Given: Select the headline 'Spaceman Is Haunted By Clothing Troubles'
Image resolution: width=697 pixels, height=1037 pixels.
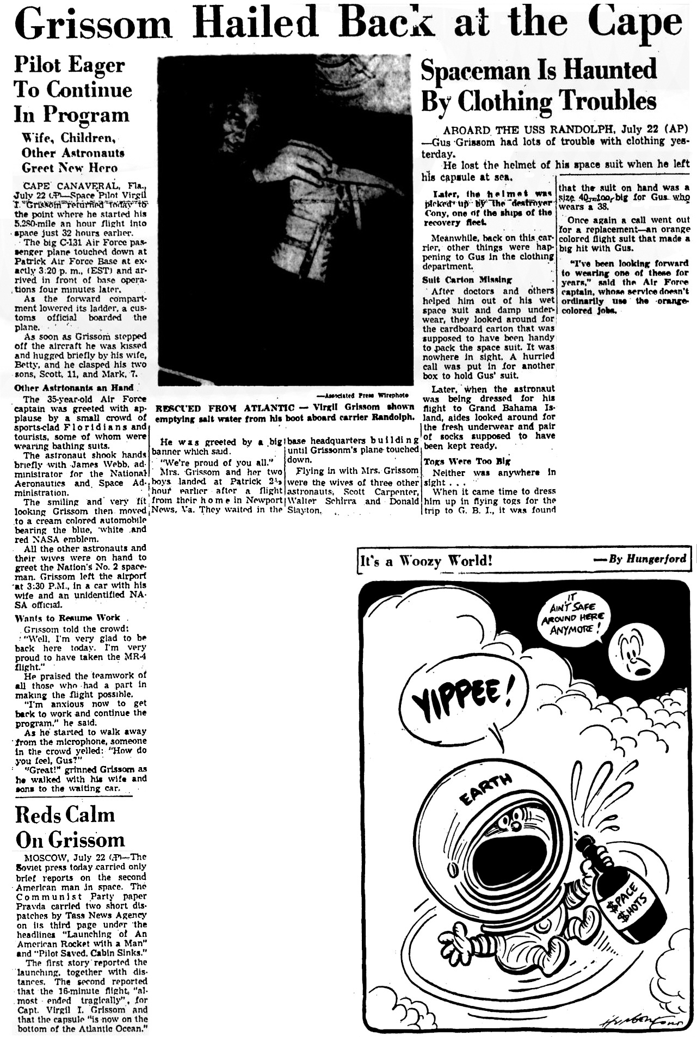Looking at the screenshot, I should tap(539, 85).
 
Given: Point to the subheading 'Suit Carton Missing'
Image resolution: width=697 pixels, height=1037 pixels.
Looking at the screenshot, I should tap(467, 280).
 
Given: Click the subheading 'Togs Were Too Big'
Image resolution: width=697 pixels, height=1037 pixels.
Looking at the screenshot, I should tap(466, 461).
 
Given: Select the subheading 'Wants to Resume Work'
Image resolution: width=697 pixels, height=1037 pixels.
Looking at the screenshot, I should tap(67, 618).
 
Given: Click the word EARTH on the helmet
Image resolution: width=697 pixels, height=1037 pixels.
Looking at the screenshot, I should tap(485, 789).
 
